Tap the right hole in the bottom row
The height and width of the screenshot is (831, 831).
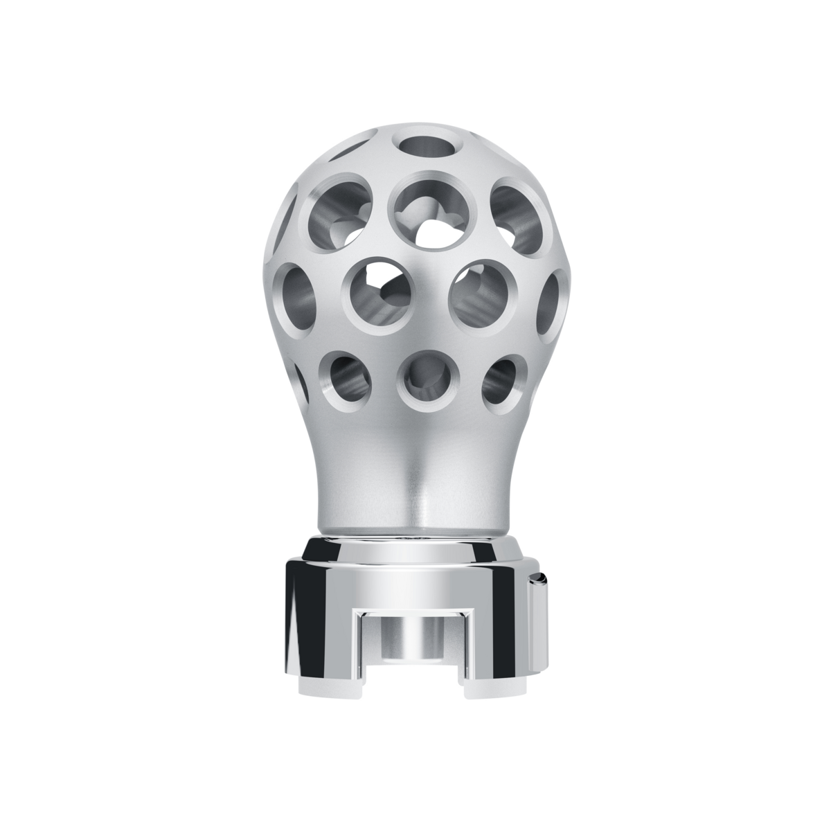[x=503, y=379]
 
